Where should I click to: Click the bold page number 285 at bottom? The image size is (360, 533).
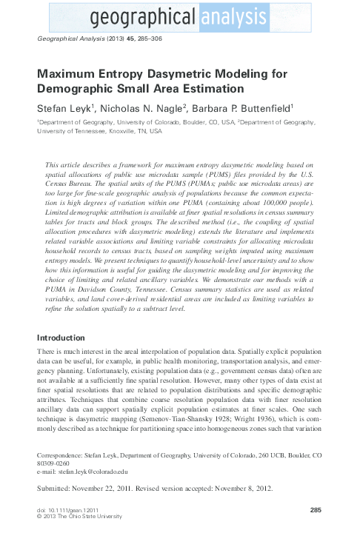coord(315,511)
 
